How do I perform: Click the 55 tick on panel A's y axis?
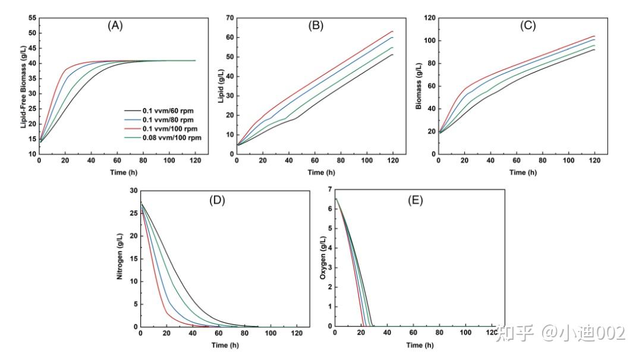pos(30,18)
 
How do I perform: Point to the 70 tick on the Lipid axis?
pos(228,18)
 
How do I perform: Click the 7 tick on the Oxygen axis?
pos(329,191)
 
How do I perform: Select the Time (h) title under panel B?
pos(320,172)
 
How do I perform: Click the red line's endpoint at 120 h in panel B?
pos(393,31)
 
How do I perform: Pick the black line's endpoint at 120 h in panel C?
pos(594,49)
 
